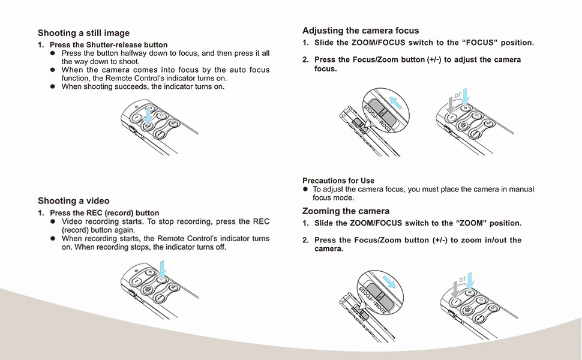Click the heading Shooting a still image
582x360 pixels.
[x=83, y=33]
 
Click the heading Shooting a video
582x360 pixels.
[x=74, y=200]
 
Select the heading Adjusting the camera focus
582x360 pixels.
[x=361, y=31]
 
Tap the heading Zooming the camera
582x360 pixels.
[x=346, y=211]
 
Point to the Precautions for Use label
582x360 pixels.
[x=338, y=181]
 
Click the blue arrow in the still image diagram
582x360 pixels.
[x=148, y=115]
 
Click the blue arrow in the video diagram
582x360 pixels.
[x=163, y=269]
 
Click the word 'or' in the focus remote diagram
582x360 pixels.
[x=458, y=95]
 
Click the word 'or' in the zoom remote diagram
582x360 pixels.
[x=463, y=279]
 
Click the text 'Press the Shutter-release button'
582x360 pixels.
[x=109, y=45]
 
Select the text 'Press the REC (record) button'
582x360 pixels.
[x=104, y=213]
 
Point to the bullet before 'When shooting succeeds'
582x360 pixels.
[x=53, y=87]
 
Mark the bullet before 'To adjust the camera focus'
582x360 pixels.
[x=305, y=190]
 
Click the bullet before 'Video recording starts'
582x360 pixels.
[x=53, y=221]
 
